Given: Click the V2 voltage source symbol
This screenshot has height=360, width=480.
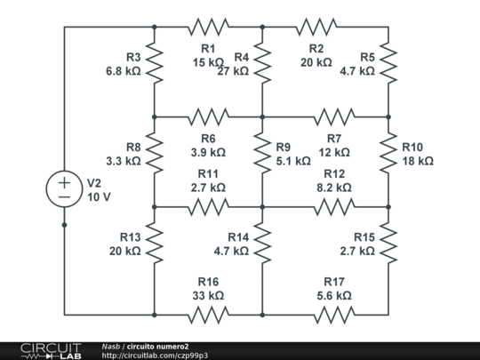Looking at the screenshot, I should pos(64,188).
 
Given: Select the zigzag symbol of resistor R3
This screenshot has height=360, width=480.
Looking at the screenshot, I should pos(154,62).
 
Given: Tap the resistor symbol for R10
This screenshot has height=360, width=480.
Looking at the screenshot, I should pos(388,153).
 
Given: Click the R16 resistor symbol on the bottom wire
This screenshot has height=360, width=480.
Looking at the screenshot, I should pos(208,315).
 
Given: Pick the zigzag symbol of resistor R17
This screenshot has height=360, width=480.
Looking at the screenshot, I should pos(333,315).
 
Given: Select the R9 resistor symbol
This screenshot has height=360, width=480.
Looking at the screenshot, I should pos(262,153).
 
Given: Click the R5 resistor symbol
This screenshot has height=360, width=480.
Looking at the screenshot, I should pos(388,62).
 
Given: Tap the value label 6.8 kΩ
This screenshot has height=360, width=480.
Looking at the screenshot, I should pos(123,70).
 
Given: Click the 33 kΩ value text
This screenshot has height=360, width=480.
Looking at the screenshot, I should pos(208,295).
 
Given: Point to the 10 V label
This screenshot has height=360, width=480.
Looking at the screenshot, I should pos(99,196).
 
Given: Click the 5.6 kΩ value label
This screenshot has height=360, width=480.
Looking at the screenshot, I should pos(333,295).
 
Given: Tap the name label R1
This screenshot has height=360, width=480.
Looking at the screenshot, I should pos(208,48).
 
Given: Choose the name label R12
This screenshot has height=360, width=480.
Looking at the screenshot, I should pos(334,173).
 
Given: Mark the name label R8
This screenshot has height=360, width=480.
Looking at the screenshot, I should pos(132,147).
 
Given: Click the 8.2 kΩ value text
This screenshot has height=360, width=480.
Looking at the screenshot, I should pos(334,188).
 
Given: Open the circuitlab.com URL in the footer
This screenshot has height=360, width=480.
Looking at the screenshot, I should pos(155,355).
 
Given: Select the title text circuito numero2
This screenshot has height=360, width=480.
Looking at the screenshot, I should pos(157,345).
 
